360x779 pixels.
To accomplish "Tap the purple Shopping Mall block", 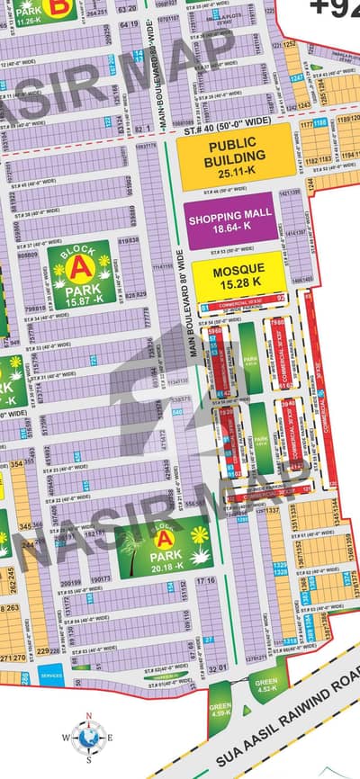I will click(x=229, y=221).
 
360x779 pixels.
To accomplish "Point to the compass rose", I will click(x=88, y=737).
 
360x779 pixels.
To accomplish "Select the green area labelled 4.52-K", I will click(x=265, y=685).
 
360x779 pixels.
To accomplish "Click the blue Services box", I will click(x=51, y=676).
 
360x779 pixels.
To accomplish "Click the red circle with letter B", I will click(x=60, y=6).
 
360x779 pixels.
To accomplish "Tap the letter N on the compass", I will click(x=88, y=717).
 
